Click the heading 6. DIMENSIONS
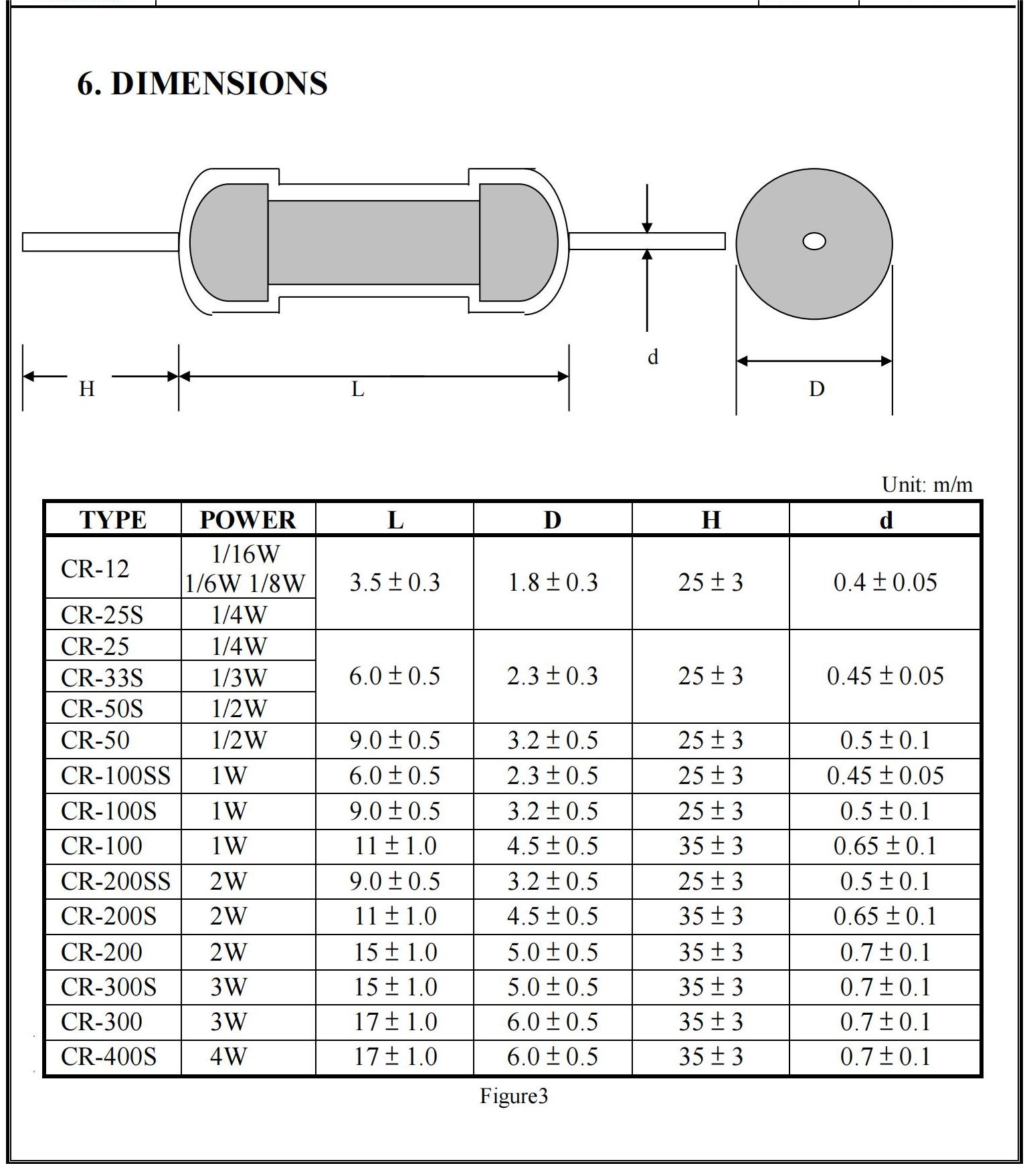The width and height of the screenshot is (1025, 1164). point(202,84)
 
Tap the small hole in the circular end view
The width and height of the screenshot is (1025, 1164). point(814,241)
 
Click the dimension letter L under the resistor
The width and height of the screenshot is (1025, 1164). point(358,389)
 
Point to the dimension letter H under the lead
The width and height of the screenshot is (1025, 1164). point(87,388)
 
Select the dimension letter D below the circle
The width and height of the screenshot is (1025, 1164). point(816,389)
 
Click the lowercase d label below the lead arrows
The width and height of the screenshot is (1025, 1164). point(653,357)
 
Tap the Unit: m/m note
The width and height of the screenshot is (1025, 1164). point(927,484)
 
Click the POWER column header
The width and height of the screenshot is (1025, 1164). point(248,520)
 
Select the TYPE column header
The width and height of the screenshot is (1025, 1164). point(112,520)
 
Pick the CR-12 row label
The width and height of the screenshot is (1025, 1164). point(95,569)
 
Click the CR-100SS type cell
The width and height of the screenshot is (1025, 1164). point(115,776)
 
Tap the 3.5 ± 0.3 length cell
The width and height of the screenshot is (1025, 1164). point(395,583)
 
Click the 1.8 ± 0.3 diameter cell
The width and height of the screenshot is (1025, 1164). point(553,583)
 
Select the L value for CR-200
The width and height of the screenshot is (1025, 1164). point(395,952)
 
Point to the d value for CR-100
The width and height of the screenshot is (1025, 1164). point(884,846)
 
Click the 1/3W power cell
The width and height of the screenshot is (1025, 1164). point(239,678)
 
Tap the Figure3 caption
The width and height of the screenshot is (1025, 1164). point(514,1096)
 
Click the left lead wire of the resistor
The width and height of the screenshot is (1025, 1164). point(100,241)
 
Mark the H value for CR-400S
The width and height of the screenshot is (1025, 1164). point(711,1057)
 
